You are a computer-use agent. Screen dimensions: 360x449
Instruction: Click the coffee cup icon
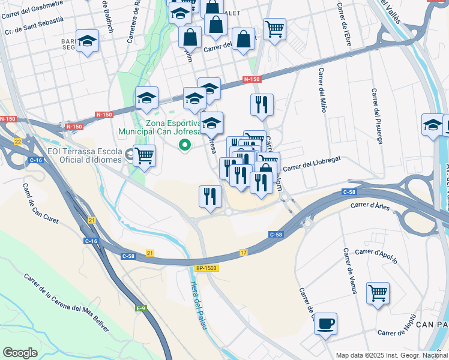click(325, 324)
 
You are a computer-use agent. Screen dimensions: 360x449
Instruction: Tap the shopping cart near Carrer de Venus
click(378, 293)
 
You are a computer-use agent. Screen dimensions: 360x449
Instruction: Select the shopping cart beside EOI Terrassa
click(144, 156)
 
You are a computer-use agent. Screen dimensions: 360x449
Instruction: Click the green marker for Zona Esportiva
click(185, 145)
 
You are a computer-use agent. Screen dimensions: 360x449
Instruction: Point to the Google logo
click(20, 353)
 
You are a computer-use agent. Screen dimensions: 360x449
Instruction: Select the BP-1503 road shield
click(206, 269)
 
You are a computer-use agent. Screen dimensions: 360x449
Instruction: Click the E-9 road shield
click(141, 308)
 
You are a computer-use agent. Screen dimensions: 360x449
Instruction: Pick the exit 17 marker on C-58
click(244, 253)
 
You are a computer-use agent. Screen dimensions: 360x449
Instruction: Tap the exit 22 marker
click(18, 141)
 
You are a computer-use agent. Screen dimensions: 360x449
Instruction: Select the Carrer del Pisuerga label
click(376, 116)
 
